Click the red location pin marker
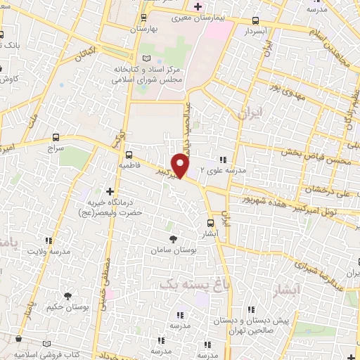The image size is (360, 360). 181,165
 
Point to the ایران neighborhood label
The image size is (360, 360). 249,113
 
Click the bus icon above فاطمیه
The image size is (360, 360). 129,154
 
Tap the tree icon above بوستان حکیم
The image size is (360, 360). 67,297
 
